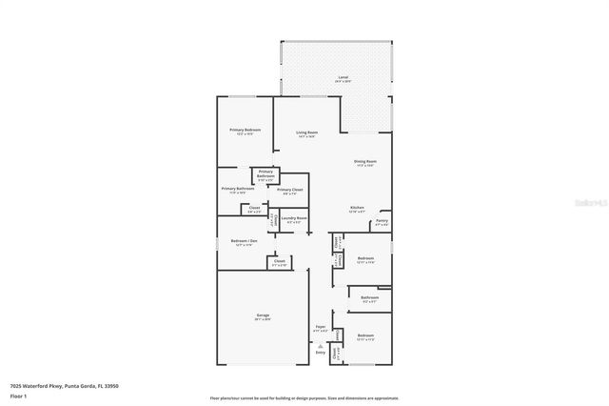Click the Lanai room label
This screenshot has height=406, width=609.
[x=342, y=76]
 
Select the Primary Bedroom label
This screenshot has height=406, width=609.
[x=245, y=130]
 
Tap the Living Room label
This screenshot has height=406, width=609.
[x=305, y=132]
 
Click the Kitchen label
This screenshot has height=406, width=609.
[x=357, y=207]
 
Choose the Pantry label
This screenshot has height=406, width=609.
[x=382, y=220]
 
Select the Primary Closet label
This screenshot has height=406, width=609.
[x=289, y=190]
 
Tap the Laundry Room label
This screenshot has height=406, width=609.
[x=293, y=218]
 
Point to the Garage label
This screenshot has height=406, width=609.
[x=263, y=315]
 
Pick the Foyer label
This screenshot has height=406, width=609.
[x=321, y=327]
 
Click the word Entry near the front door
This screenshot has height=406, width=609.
[x=321, y=353]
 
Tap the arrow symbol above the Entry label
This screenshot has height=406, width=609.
[x=321, y=345]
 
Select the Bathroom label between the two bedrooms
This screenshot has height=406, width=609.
[x=370, y=297]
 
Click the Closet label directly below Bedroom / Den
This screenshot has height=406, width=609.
[x=279, y=260]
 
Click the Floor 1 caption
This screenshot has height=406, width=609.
[x=18, y=396]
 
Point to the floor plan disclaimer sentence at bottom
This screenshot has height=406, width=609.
[x=304, y=396]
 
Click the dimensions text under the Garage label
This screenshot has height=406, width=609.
[x=263, y=319]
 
